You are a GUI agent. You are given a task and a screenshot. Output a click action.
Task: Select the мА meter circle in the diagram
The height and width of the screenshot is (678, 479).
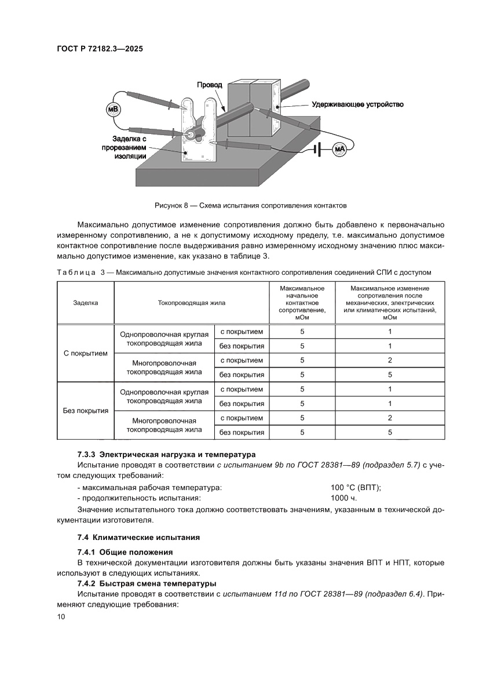pyautogui.click(x=339, y=150)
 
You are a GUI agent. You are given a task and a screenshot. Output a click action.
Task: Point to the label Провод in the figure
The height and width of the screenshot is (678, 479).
pyautogui.click(x=209, y=85)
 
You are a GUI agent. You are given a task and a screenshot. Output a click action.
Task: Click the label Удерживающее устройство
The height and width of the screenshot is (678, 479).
pyautogui.click(x=357, y=104)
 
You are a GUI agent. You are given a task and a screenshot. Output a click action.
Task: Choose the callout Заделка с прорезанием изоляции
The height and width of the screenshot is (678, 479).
pyautogui.click(x=129, y=147)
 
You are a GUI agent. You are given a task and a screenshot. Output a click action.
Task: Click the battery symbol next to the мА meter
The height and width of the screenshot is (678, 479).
pyautogui.click(x=317, y=150)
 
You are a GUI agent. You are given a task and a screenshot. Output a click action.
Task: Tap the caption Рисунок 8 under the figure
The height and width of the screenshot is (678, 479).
pyautogui.click(x=251, y=205)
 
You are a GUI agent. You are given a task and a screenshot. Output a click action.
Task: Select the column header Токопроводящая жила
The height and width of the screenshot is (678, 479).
pyautogui.click(x=192, y=302)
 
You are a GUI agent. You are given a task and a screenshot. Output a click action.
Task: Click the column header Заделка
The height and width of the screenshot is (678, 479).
pyautogui.click(x=85, y=302)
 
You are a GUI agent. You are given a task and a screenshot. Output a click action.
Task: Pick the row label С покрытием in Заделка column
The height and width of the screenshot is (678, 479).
pyautogui.click(x=85, y=353)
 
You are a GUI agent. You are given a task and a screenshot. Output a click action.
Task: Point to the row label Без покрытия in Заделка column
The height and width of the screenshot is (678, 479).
pyautogui.click(x=85, y=411)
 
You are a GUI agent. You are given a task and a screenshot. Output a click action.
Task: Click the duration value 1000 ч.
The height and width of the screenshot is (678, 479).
pyautogui.click(x=343, y=498)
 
